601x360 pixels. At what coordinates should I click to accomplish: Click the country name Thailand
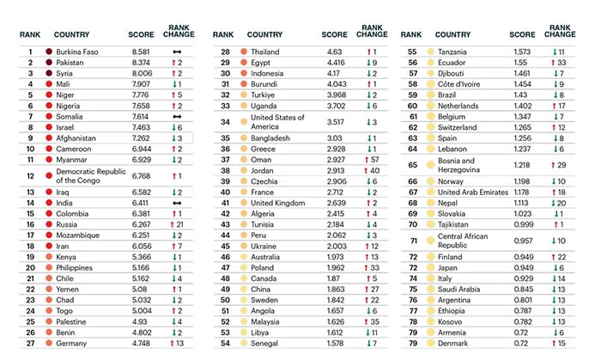point(266,52)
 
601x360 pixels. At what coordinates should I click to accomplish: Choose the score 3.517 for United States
point(336,122)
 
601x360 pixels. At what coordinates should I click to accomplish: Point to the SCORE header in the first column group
point(143,35)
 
